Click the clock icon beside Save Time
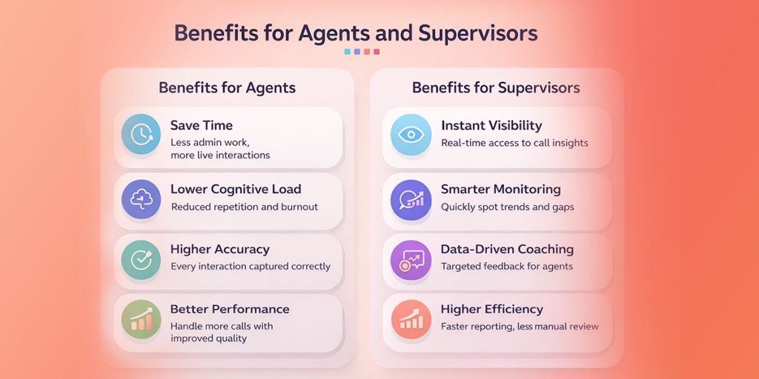click(x=141, y=134)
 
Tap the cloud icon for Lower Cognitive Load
click(x=141, y=199)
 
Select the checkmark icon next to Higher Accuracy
click(x=141, y=258)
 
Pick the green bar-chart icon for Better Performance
click(x=141, y=319)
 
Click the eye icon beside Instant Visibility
click(x=410, y=134)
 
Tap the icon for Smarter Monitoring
click(x=410, y=199)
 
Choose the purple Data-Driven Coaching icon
click(x=410, y=258)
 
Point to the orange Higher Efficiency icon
click(x=410, y=319)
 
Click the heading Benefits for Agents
click(x=227, y=88)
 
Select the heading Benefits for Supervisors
click(x=496, y=88)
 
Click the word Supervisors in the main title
click(x=478, y=33)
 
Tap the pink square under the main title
click(x=377, y=52)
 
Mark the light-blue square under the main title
click(x=348, y=52)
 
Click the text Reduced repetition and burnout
click(x=244, y=207)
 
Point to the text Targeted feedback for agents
click(x=506, y=266)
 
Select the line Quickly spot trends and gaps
click(x=507, y=207)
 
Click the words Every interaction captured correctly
click(x=251, y=266)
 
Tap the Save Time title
click(x=202, y=125)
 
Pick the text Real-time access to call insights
click(x=514, y=143)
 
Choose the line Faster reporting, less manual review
click(x=520, y=326)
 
